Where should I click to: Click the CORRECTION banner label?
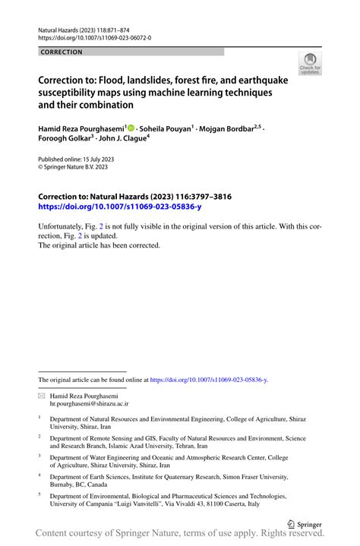[62, 52]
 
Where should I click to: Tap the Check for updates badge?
[310, 65]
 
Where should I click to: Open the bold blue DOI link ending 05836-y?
[119, 206]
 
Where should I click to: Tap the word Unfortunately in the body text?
[66, 226]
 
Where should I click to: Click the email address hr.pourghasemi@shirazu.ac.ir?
[89, 405]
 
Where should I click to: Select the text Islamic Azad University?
[147, 447]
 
